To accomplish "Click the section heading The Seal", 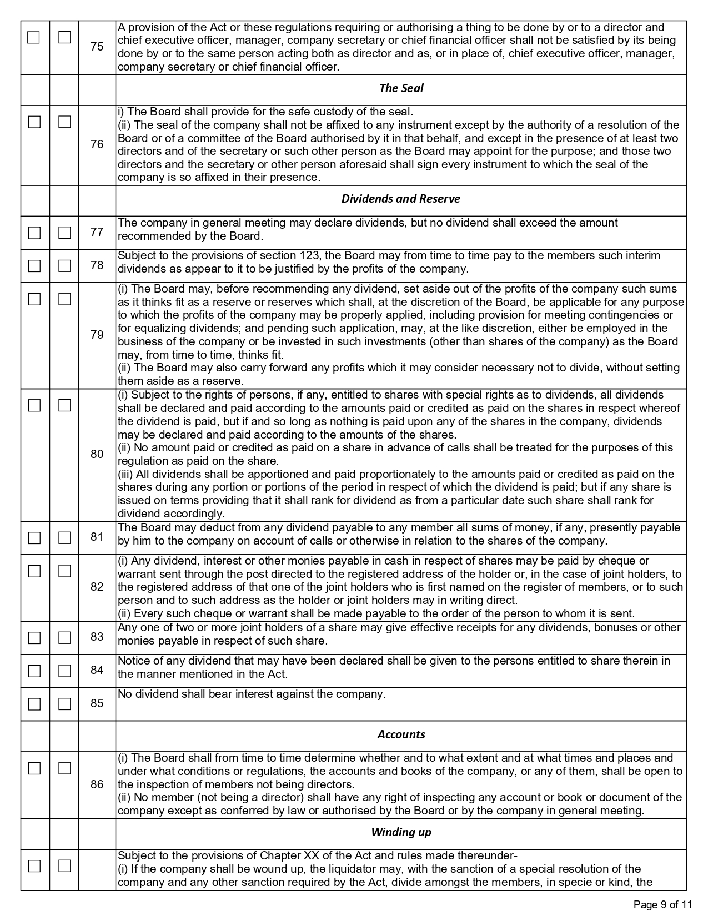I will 401,88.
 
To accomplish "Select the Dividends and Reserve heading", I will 401,199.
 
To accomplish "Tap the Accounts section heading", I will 401,734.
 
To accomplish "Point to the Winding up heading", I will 401,832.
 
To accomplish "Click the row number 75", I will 97,47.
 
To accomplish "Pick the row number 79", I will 97,335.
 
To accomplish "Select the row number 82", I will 97,587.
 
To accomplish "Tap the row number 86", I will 97,784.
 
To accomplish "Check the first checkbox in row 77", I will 34,233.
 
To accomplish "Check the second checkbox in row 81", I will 64,537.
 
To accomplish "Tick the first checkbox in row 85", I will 34,704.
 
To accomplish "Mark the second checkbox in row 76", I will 64,122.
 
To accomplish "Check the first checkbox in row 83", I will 34,637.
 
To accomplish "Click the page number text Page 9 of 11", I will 663,905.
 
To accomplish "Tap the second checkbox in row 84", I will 64,671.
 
